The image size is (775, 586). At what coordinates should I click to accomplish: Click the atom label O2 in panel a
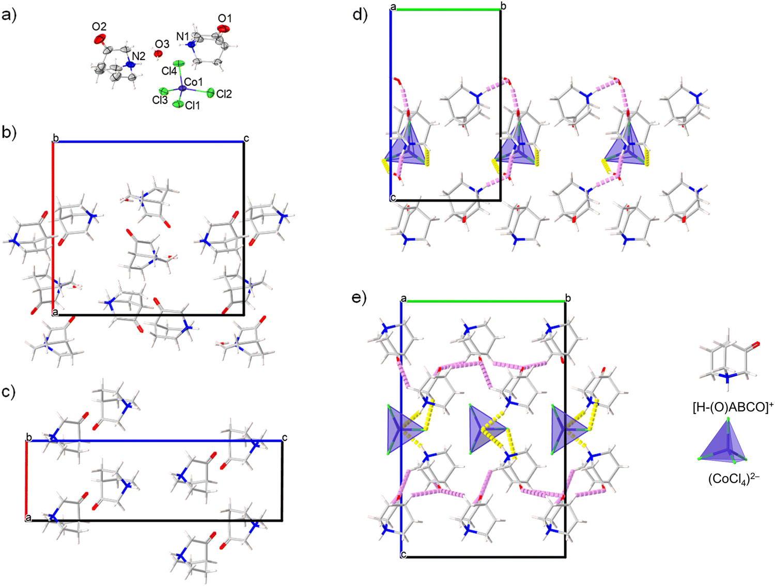tap(99, 26)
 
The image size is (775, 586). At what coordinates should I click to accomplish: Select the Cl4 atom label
tap(169, 71)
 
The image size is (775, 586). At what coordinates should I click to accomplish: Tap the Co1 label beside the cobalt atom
tap(193, 82)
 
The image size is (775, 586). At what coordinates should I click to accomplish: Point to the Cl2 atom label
tap(224, 94)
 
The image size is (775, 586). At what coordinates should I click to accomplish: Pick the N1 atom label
tap(183, 36)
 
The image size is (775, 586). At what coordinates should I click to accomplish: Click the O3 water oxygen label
tap(162, 44)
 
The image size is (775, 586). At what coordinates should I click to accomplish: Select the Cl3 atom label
tap(160, 100)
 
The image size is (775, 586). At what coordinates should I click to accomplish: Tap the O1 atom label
tap(225, 19)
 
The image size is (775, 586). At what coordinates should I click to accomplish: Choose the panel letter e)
tap(360, 298)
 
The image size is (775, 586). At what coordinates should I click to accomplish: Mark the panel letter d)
tap(360, 14)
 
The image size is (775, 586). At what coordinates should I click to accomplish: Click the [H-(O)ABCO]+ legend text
tap(733, 407)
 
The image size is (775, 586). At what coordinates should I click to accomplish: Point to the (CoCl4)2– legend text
tap(734, 480)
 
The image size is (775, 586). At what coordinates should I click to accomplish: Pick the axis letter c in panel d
tap(393, 198)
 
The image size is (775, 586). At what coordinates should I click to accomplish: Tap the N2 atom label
tap(138, 56)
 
